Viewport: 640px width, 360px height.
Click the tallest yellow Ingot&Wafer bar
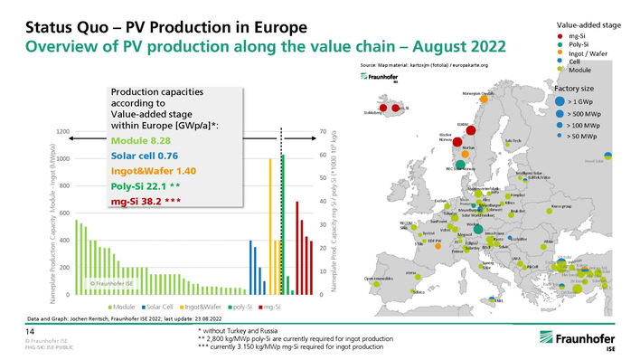pos(271,226)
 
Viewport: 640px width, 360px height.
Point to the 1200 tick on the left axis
pos(61,133)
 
